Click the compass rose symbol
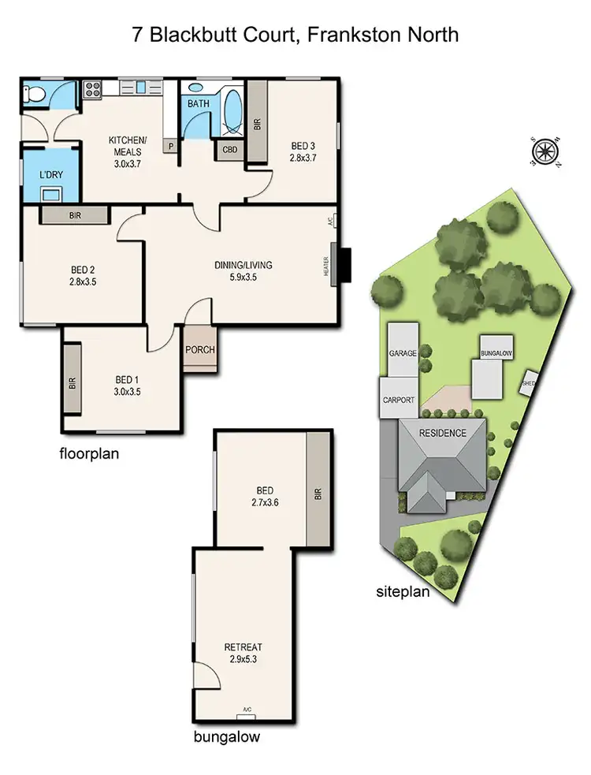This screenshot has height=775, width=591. (x=546, y=151)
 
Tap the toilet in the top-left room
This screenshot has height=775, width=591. (x=33, y=95)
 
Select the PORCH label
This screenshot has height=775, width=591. (x=199, y=350)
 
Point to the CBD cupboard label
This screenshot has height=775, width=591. (x=230, y=149)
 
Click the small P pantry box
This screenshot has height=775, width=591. (x=169, y=147)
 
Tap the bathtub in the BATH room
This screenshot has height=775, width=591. (x=232, y=113)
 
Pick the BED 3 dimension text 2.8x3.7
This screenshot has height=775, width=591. (x=303, y=158)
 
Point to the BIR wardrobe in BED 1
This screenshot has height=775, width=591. (x=72, y=384)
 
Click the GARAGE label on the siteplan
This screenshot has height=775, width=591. (x=402, y=353)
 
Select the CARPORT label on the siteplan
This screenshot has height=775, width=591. (x=399, y=400)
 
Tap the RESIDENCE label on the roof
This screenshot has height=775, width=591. (x=442, y=433)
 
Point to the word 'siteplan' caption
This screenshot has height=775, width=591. (x=403, y=592)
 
